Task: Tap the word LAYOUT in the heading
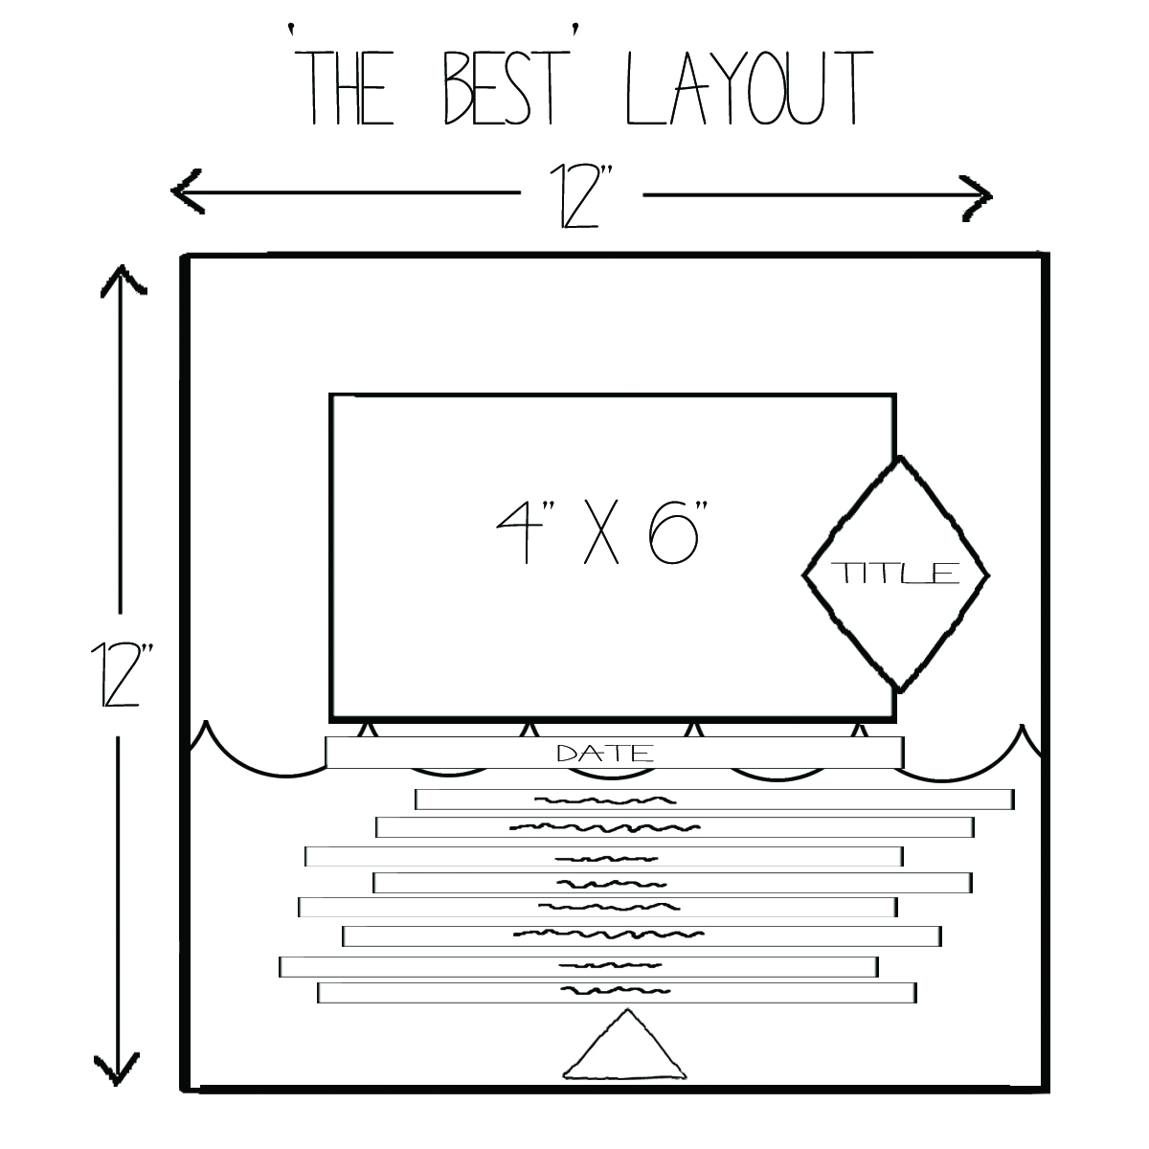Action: pos(746,88)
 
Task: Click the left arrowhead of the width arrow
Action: pos(186,192)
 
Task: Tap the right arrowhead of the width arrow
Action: pos(977,195)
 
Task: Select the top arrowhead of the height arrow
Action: pos(121,282)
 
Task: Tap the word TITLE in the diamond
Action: pos(896,574)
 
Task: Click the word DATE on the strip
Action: pos(605,754)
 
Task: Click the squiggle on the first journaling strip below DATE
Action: pos(602,800)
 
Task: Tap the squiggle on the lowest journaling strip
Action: pos(613,991)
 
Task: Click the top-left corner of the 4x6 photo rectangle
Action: pos(332,395)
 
